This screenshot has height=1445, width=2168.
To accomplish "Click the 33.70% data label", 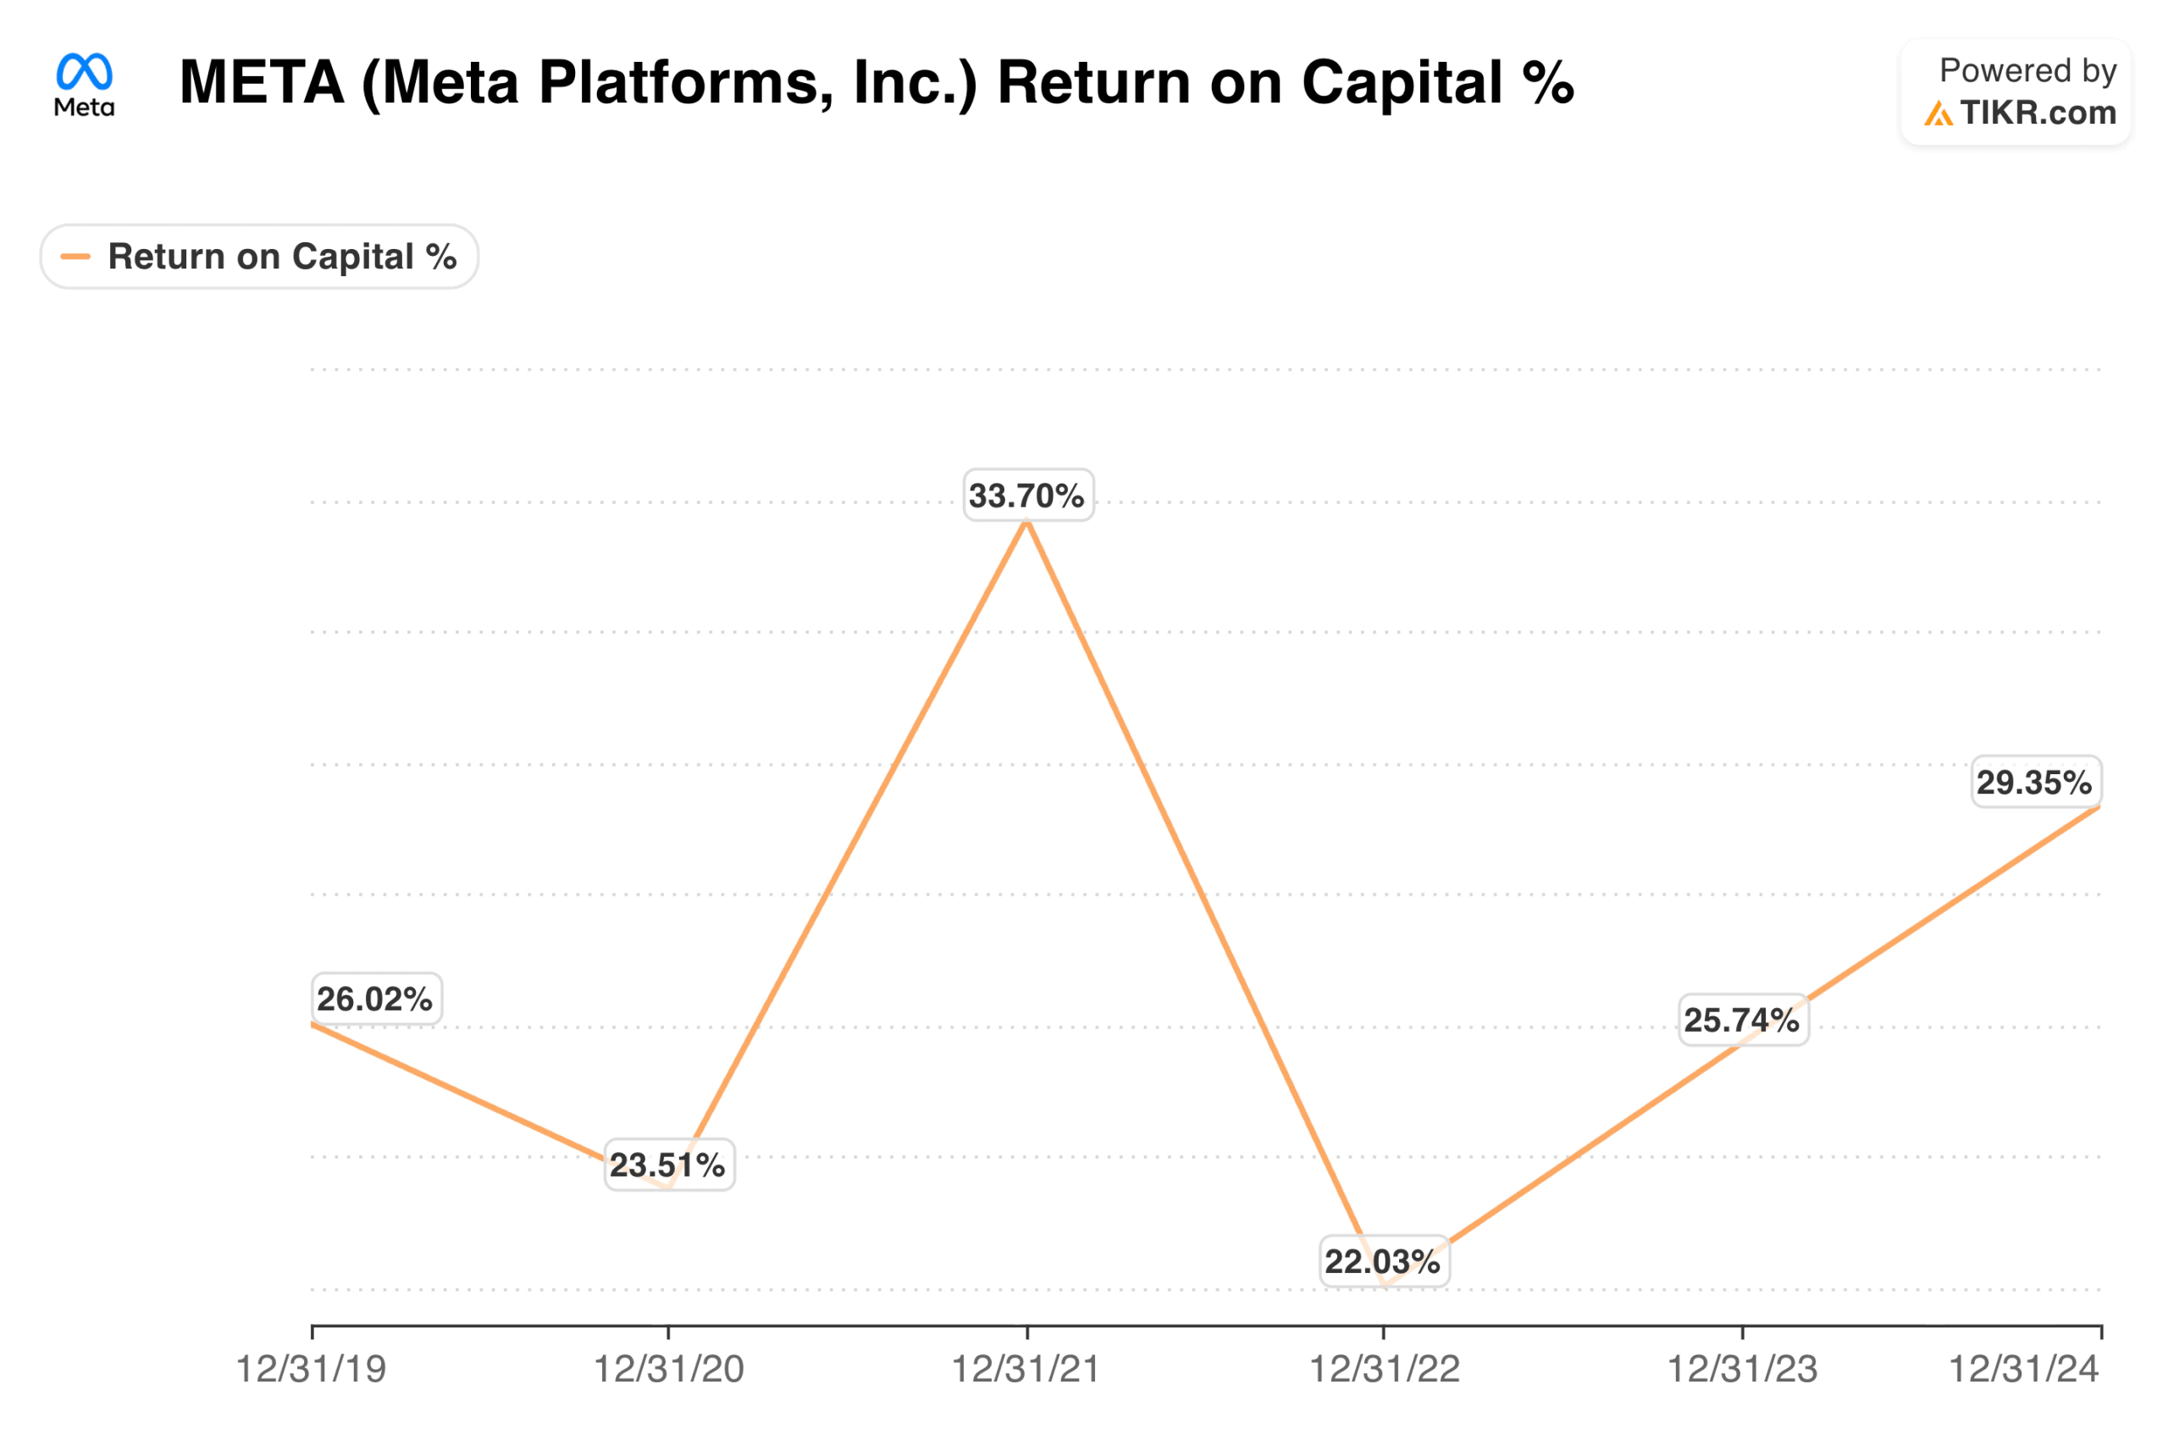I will coord(1027,496).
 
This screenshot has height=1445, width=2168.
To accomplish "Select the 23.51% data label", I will coord(668,1165).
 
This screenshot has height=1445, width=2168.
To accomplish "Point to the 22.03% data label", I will coord(1383,1261).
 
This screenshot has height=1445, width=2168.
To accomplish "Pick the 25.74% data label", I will coord(1742,1020).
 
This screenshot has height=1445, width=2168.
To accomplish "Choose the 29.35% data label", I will coord(2034,783).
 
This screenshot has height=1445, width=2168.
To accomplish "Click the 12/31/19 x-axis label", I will coord(312,1370).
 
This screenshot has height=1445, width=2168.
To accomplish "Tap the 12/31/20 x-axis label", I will coord(669,1370).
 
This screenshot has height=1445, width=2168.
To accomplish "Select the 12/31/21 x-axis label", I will coord(1026,1370).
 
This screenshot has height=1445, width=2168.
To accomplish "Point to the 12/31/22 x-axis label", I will coord(1385,1370).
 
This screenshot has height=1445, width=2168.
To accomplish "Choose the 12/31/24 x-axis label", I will coord(2024,1370).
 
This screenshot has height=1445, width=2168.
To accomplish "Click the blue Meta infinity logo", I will coord(84,71).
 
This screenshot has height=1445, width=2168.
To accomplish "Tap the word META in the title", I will coord(262,83).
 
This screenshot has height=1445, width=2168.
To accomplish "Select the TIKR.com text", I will coord(2038,113).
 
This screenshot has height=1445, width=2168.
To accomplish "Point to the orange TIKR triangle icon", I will coord(1938,114).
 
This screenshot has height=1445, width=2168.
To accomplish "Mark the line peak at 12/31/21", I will coord(1026,523).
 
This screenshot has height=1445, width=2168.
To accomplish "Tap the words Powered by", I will coord(2028,71).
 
